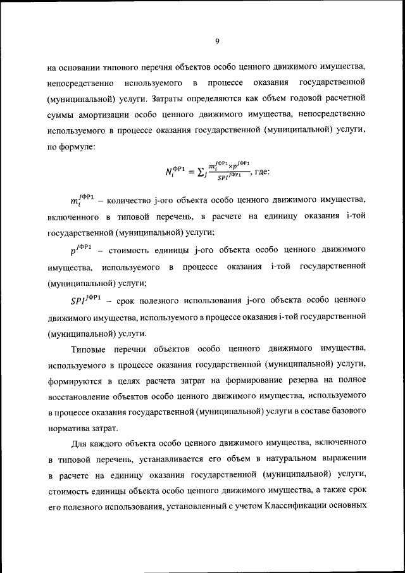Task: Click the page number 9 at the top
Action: point(216,41)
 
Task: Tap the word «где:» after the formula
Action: point(260,171)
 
